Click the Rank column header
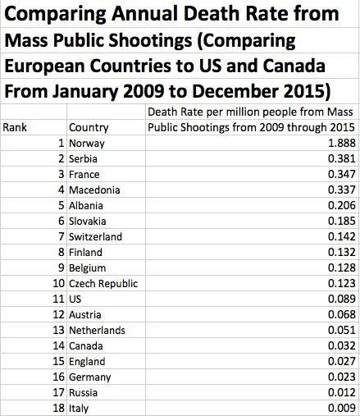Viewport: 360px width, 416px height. (x=16, y=128)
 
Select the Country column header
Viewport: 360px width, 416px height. (x=89, y=128)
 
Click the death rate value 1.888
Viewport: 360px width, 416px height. (x=338, y=144)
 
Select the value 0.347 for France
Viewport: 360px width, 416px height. (x=338, y=175)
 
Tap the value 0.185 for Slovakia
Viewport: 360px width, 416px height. (x=338, y=222)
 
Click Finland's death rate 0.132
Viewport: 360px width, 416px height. (x=338, y=253)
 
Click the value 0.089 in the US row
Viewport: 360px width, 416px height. (x=338, y=299)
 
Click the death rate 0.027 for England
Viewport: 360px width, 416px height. (x=338, y=362)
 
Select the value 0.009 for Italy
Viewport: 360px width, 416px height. (x=338, y=409)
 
